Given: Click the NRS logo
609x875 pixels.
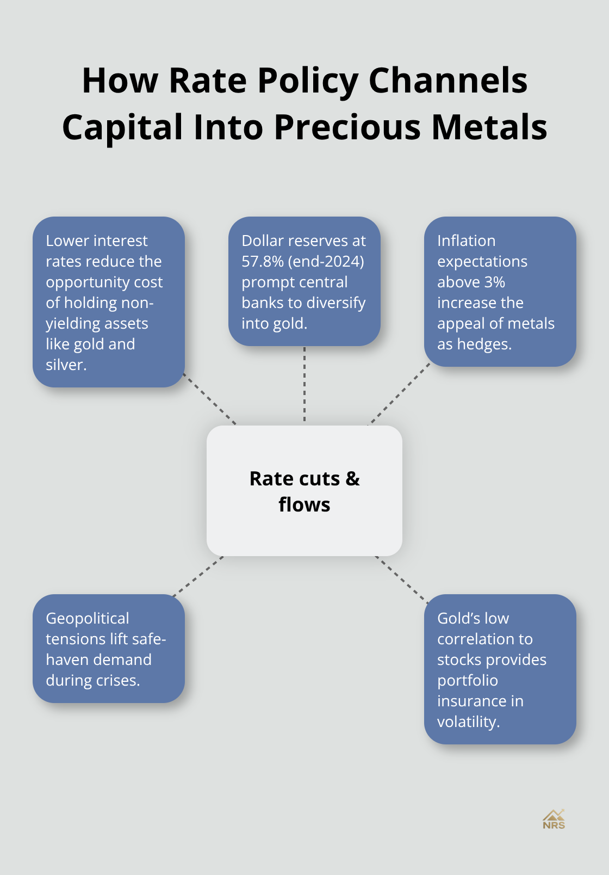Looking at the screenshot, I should tap(554, 819).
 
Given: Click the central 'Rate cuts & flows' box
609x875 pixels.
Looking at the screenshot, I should tap(304, 491).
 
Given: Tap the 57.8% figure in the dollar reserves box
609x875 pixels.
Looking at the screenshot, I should tap(263, 261).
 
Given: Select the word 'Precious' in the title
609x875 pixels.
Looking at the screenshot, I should tap(348, 127).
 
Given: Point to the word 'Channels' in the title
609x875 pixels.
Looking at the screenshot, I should tap(448, 81).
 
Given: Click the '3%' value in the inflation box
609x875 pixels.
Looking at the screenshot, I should tap(494, 282).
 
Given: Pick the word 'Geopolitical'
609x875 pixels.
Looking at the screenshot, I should tap(88, 618).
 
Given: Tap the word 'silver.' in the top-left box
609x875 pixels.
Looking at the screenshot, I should tap(66, 365).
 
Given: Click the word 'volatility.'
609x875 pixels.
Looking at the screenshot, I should tap(468, 722).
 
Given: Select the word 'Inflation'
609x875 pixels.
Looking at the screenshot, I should tap(466, 241).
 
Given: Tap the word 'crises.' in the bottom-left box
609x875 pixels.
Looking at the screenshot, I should tap(118, 680).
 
